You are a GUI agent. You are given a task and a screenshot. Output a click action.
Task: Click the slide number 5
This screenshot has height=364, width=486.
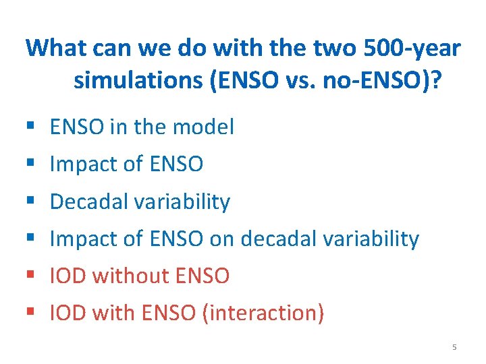pos(454,347)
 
